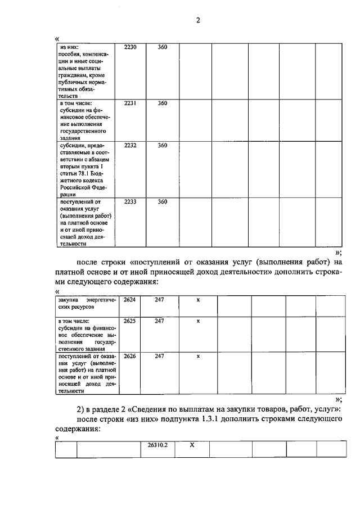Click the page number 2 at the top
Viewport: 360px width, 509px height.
(197, 21)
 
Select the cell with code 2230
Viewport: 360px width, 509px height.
(130, 47)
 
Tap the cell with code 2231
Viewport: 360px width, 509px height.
(130, 103)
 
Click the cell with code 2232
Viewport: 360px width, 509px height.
(130, 146)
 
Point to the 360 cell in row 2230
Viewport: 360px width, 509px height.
(162, 47)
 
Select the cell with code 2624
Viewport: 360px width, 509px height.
(129, 300)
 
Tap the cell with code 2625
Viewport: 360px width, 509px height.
(129, 321)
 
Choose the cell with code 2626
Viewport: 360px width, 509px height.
(129, 356)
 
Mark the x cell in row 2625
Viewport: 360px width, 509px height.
(198, 321)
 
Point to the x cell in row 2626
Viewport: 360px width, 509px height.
(198, 356)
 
